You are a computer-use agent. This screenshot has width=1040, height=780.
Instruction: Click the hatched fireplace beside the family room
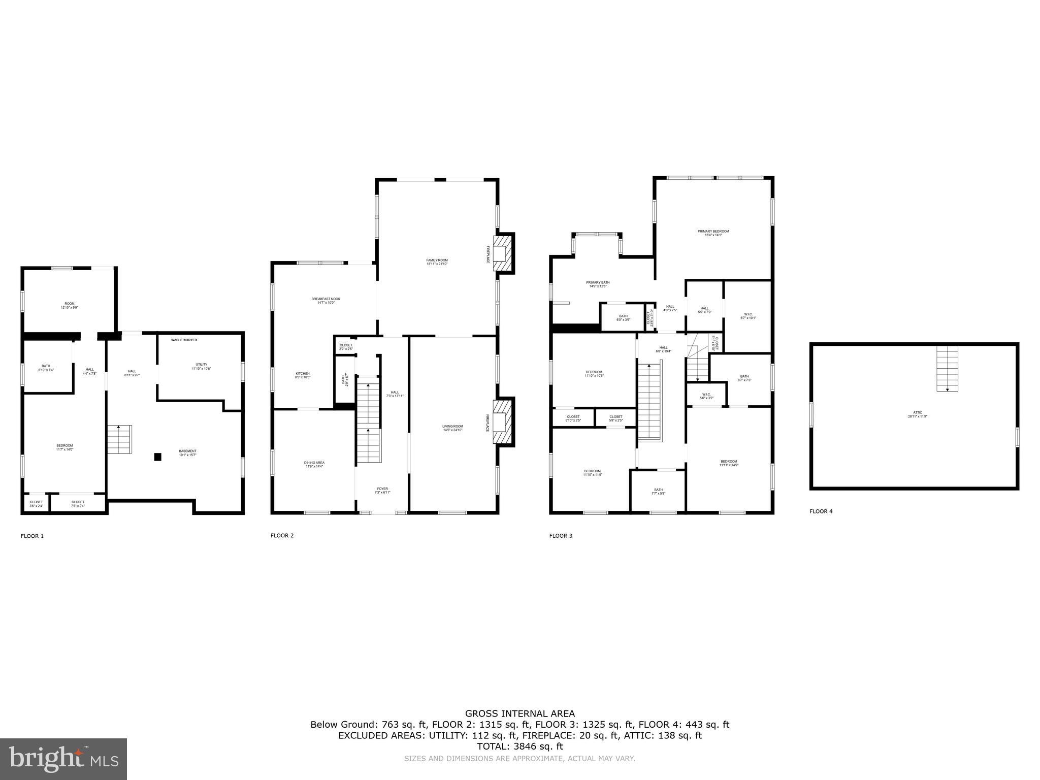(x=503, y=253)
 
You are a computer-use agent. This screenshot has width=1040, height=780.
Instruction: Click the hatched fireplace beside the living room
(x=503, y=421)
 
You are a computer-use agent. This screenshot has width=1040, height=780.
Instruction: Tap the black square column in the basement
(x=158, y=457)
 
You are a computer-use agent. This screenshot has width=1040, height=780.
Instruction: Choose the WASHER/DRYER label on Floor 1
(x=184, y=340)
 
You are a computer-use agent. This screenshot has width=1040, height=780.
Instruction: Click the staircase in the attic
(x=947, y=368)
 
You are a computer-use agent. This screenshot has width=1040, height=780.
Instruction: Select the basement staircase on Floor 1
(x=119, y=440)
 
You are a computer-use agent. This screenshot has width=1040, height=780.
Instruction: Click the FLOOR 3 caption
(x=561, y=536)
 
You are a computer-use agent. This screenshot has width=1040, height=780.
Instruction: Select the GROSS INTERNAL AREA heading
(x=519, y=713)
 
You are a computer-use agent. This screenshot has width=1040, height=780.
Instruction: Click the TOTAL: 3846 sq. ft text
(x=519, y=746)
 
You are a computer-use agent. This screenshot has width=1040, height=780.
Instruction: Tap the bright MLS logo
(x=63, y=759)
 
